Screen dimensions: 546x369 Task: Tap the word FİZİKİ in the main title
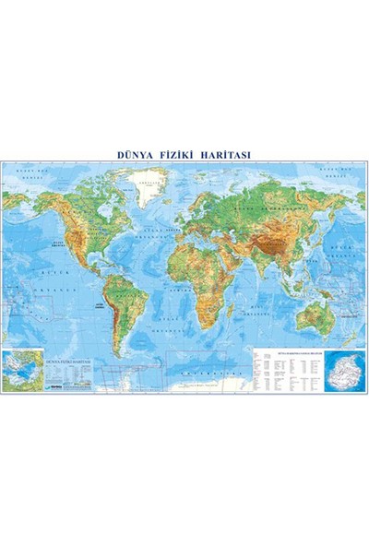(184, 155)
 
